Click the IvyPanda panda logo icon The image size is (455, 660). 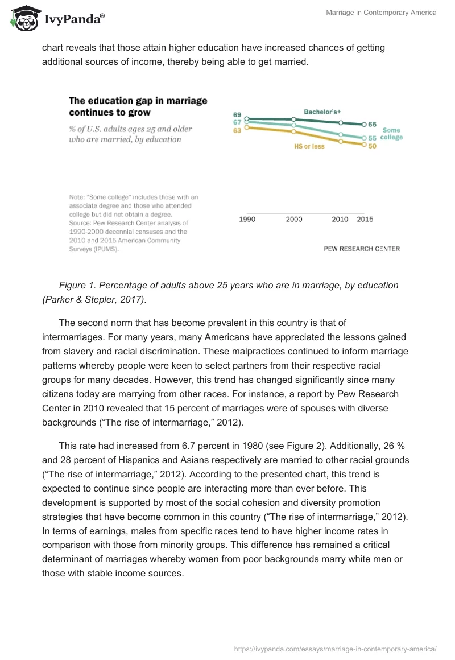pos(23,19)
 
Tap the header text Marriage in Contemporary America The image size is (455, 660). pos(381,13)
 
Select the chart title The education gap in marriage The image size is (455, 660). pos(138,101)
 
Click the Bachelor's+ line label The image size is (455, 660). pos(322,112)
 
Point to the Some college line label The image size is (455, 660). pos(391,134)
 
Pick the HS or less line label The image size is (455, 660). pos(309,146)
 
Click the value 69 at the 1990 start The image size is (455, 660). pos(238,115)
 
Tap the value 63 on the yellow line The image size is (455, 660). pos(238,130)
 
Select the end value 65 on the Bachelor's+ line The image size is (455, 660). pos(373,124)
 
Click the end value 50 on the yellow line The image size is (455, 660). pos(373,146)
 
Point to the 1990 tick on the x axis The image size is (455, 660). pos(247,220)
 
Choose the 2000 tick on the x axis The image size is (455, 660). pos(294,220)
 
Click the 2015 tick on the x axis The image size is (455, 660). pos(365,220)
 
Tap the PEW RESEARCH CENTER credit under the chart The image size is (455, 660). pos(361,249)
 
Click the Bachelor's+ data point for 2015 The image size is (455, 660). pos(364,124)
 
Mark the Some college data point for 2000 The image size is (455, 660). pos(294,125)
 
